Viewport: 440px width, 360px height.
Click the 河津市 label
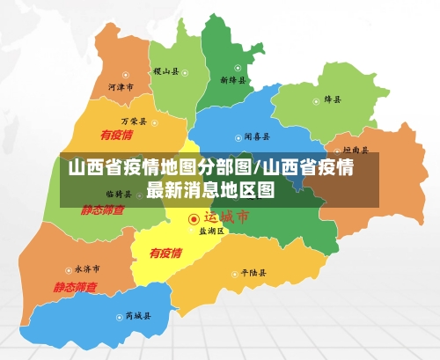121,88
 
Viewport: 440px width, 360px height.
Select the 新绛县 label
233,80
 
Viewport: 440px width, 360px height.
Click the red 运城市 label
227,217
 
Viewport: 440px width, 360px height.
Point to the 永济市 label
86,268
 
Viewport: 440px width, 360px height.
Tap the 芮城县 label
138,314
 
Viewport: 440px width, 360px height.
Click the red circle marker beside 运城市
194,217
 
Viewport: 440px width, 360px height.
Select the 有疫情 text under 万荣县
116,135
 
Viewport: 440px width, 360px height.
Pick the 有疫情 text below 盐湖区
165,253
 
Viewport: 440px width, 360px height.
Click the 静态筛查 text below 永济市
75,287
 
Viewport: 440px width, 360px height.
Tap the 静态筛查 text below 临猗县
103,210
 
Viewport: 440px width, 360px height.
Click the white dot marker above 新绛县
238,68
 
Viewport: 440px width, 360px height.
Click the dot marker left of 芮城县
118,314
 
